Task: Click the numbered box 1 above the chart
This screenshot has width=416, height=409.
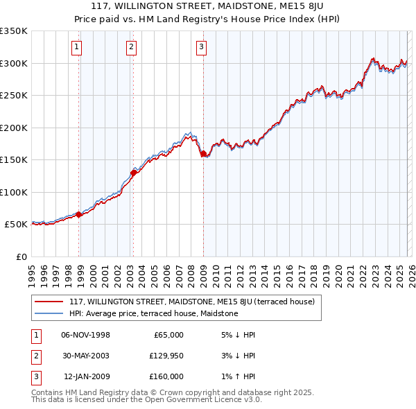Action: [76, 47]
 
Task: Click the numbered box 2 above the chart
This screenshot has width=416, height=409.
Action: [131, 47]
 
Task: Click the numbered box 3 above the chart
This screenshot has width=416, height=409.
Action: [201, 47]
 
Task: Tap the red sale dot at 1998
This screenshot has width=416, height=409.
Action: [79, 215]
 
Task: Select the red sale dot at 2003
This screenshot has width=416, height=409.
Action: [134, 173]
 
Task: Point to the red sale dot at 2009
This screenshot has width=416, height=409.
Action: [203, 154]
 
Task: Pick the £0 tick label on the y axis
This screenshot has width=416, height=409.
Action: [21, 257]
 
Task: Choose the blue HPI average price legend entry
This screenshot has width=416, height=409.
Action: [153, 313]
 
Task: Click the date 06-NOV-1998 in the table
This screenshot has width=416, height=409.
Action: [86, 335]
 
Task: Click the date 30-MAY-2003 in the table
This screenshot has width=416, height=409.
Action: [86, 356]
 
